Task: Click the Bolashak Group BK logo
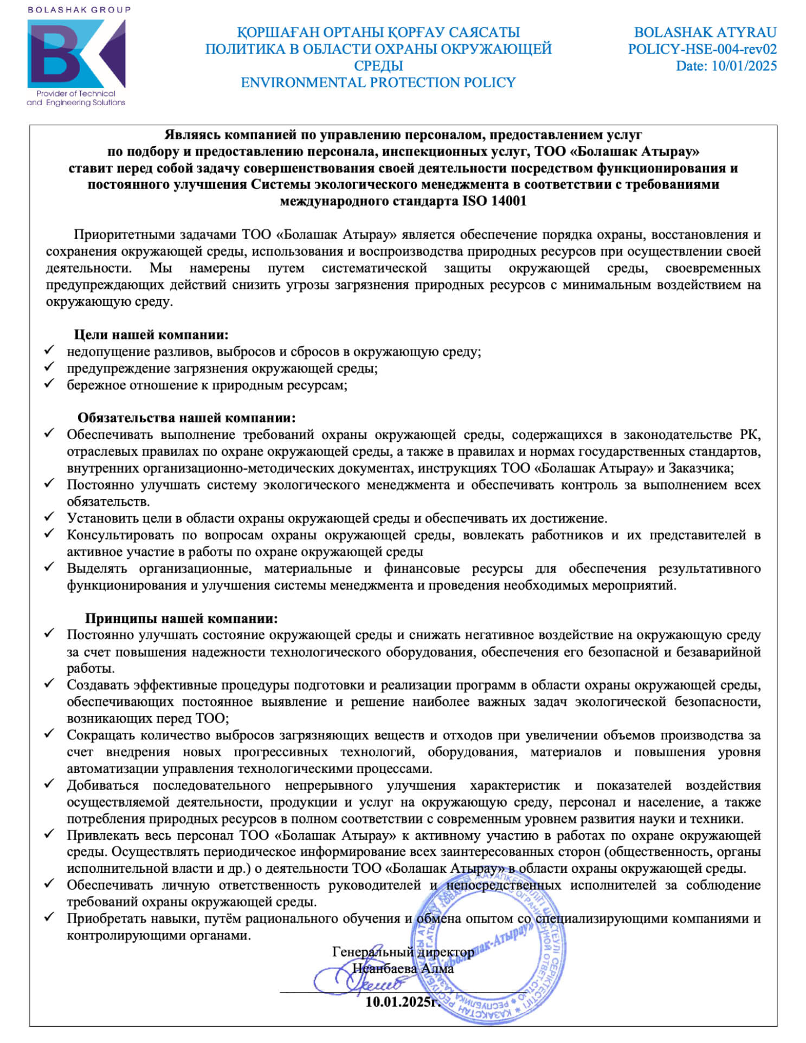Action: point(76,54)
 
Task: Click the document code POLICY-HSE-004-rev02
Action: point(702,49)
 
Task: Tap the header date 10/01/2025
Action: point(744,66)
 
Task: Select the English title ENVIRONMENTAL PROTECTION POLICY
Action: point(378,82)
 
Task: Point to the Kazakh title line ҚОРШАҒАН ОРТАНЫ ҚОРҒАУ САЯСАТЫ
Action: point(378,33)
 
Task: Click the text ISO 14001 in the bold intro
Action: point(494,201)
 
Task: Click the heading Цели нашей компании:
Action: point(151,334)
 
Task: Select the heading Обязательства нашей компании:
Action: point(186,417)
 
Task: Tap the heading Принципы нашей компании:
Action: point(181,618)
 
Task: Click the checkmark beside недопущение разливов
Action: point(50,350)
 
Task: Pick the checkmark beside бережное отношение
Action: point(50,384)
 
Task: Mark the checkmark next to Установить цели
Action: point(50,517)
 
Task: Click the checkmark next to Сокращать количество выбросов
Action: point(50,734)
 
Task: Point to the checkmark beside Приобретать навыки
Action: point(50,918)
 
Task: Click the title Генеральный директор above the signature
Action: point(403,952)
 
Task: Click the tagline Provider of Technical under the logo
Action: point(76,93)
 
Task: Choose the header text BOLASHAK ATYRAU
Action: point(705,33)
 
